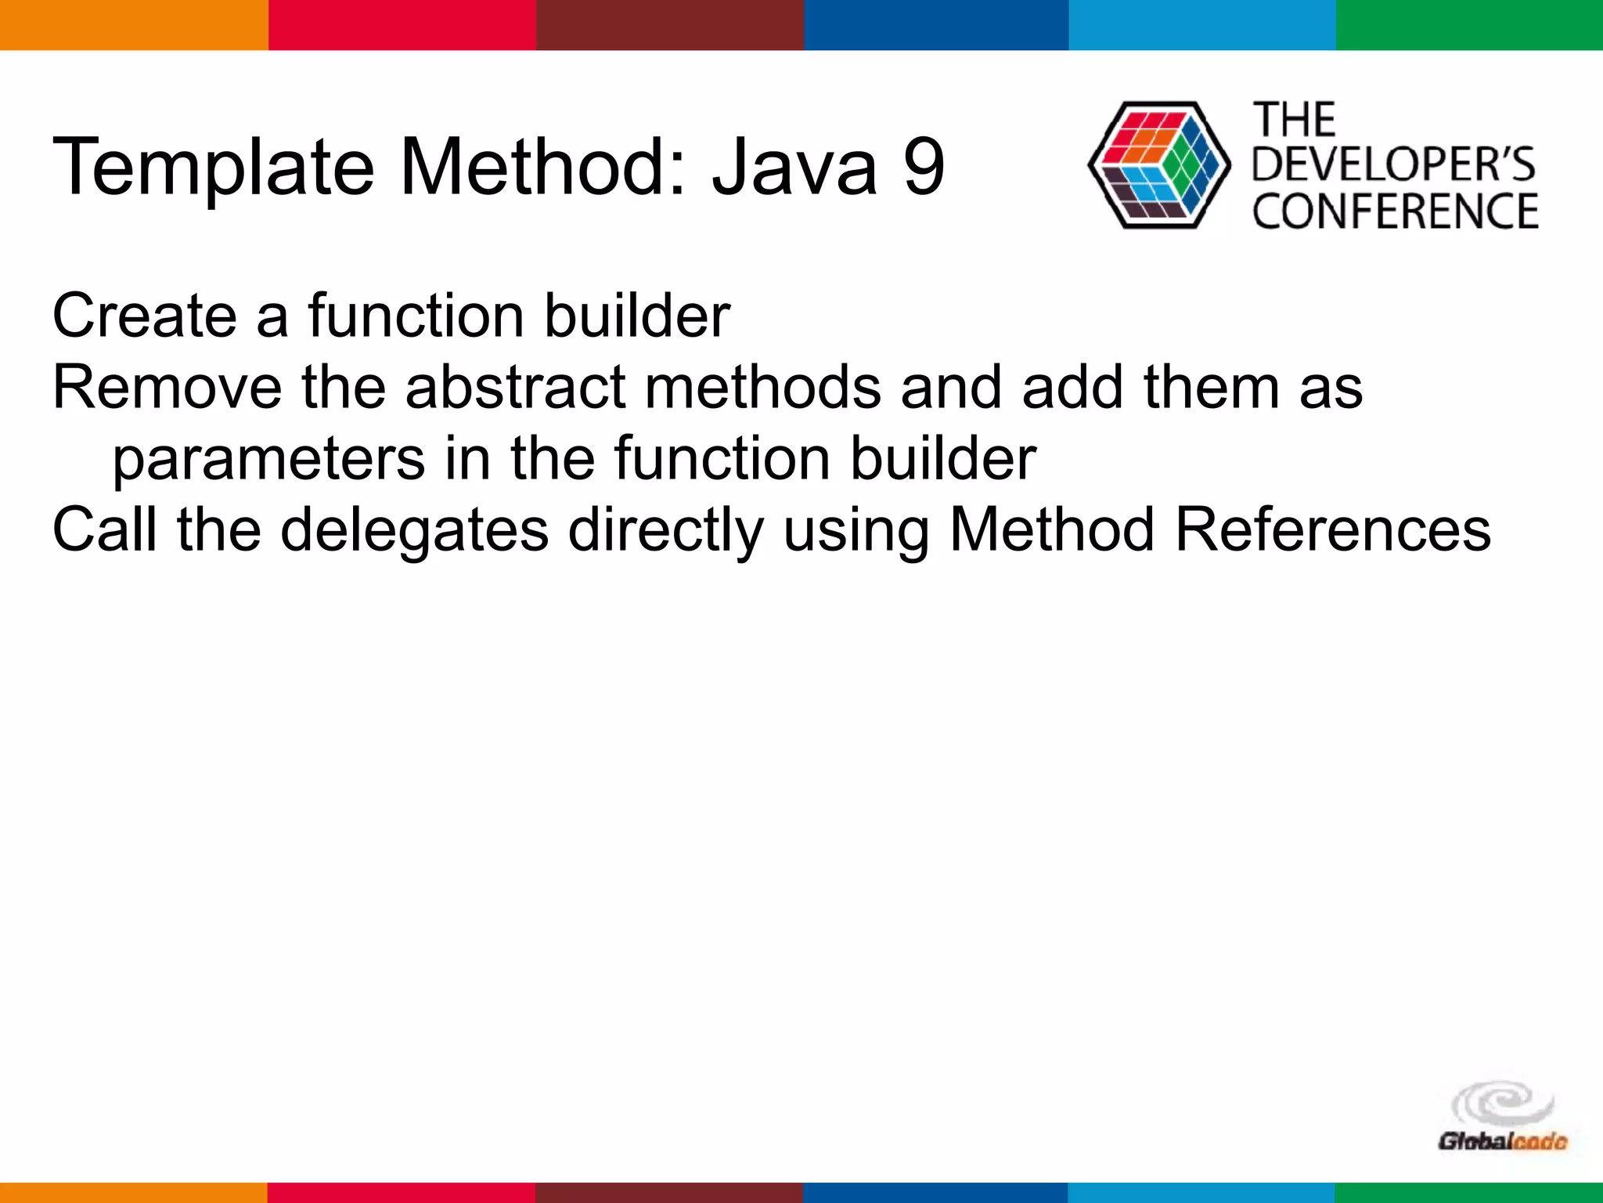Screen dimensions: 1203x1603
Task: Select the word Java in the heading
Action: [x=794, y=167]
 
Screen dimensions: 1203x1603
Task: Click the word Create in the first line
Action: [x=144, y=316]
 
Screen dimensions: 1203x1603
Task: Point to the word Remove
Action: [x=167, y=387]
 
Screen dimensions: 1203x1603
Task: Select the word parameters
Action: [x=268, y=459]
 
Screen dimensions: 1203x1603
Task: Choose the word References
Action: [x=1333, y=530]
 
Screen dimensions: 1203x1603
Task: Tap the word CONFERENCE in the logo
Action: [x=1395, y=211]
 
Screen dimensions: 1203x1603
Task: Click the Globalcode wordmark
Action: [x=1502, y=1142]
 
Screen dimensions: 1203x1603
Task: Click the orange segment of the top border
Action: [x=133, y=24]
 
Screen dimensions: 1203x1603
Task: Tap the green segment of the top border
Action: [x=1469, y=24]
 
